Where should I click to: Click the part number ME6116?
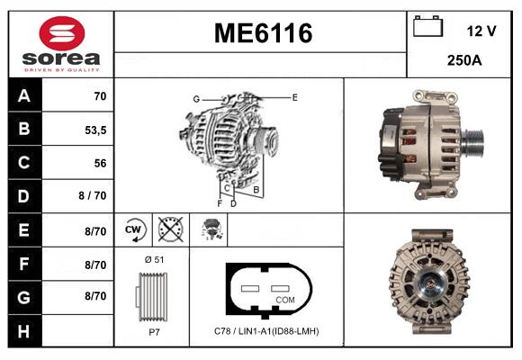[x=263, y=33]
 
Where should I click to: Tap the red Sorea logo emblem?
[x=62, y=33]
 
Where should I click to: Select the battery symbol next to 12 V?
[x=427, y=26]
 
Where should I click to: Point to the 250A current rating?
[x=464, y=60]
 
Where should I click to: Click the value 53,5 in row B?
[x=95, y=130]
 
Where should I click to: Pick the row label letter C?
[x=24, y=163]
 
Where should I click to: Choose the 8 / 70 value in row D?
[x=93, y=195]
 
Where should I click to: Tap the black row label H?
[x=24, y=331]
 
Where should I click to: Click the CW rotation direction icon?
[x=134, y=229]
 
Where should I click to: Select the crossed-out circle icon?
[x=170, y=229]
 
